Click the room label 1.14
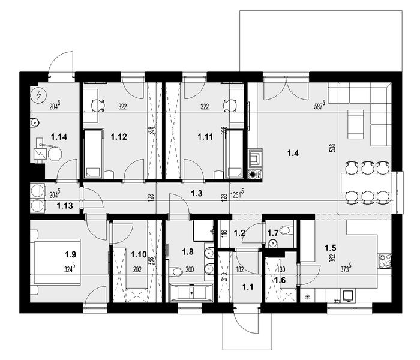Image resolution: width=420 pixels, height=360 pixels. click(x=59, y=137)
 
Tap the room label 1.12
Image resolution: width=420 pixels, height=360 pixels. click(x=118, y=137)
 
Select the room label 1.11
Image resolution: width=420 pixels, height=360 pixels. click(x=205, y=137)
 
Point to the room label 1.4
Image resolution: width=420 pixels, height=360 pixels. click(x=293, y=154)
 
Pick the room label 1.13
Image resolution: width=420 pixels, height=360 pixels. click(x=65, y=206)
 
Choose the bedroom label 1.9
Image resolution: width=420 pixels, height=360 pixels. click(x=70, y=254)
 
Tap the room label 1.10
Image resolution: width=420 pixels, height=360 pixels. click(x=138, y=254)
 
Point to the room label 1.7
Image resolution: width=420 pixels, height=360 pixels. click(x=272, y=231)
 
